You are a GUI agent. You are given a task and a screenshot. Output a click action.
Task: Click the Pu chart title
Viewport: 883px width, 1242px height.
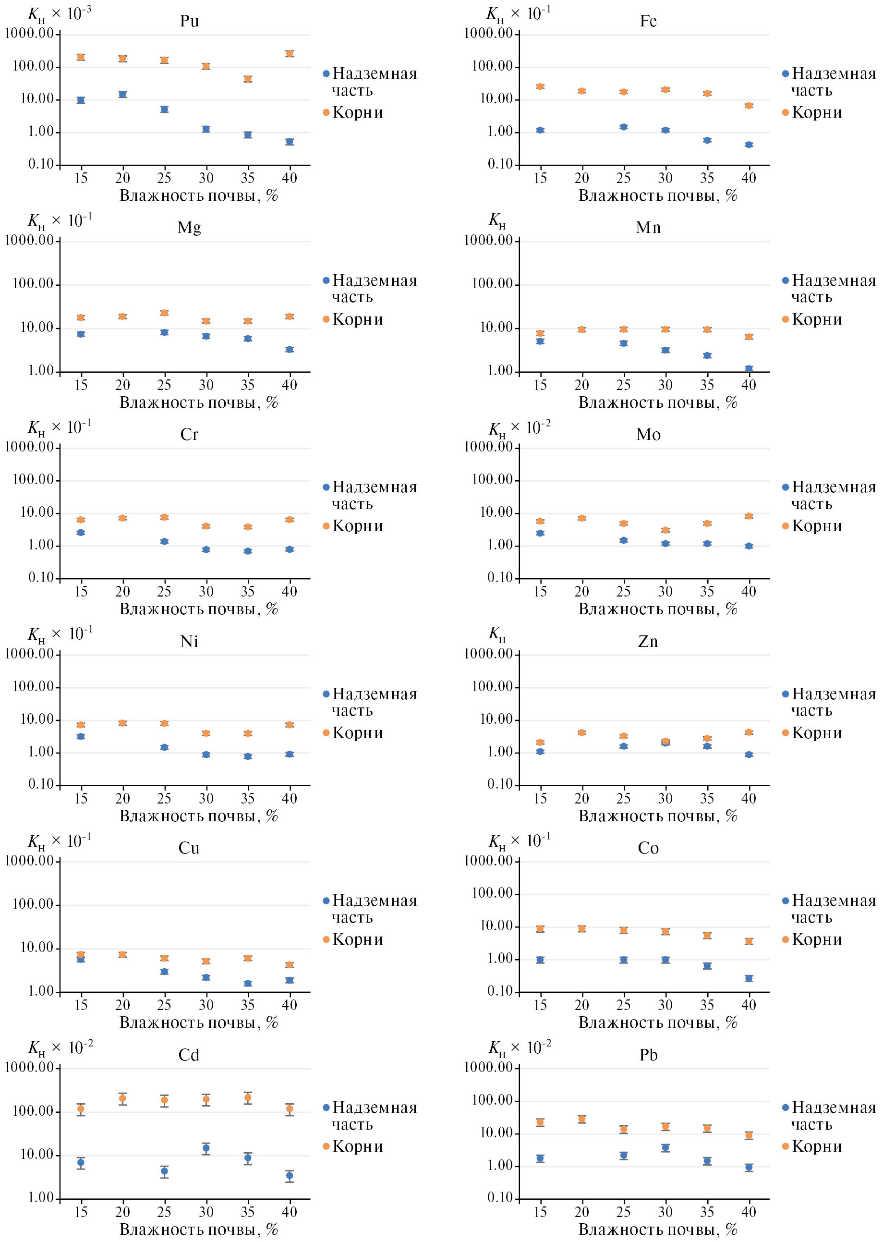[x=189, y=21]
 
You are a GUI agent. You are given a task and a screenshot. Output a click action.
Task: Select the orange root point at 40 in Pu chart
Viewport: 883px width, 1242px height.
[x=289, y=53]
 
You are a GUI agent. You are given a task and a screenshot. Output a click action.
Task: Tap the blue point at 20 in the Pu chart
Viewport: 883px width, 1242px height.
[x=122, y=94]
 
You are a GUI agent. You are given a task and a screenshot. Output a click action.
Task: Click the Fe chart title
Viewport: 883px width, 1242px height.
[x=648, y=21]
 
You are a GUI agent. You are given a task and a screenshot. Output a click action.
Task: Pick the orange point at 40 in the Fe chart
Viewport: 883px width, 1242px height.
[x=749, y=106]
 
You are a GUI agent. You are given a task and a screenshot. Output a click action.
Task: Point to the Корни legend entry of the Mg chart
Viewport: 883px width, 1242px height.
[x=357, y=319]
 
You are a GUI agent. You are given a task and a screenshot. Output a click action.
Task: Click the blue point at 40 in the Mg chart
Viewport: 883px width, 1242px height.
[x=289, y=349]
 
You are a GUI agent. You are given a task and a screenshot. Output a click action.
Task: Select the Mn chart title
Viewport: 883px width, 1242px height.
[x=648, y=227]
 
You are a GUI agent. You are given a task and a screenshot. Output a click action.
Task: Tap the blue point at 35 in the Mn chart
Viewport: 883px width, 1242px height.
[x=707, y=355]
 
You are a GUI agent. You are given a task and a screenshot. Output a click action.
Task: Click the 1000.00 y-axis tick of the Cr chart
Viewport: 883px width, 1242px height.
[x=30, y=447]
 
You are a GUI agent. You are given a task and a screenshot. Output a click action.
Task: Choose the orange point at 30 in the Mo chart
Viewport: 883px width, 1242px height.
[x=665, y=530]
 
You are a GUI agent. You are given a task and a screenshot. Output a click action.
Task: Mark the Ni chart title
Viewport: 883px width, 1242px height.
[x=189, y=642]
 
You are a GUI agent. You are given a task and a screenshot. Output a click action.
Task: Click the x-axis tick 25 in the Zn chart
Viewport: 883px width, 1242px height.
[x=623, y=798]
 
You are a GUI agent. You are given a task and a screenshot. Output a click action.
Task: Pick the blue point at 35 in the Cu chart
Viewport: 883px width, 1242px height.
[x=247, y=983]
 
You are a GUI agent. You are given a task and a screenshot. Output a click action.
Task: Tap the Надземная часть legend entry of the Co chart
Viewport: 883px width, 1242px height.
[x=833, y=909]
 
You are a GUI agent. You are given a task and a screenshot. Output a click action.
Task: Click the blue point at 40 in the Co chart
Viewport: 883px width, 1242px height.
[x=749, y=978]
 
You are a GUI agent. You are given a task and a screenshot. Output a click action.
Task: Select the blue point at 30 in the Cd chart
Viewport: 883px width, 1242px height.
[x=206, y=1148]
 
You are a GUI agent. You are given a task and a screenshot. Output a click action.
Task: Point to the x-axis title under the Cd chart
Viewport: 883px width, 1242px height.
[x=198, y=1230]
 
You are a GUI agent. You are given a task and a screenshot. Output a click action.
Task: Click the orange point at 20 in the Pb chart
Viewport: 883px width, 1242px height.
[x=582, y=1119]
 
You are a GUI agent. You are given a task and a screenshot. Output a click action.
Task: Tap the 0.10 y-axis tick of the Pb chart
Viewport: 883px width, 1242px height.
[x=500, y=1198]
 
